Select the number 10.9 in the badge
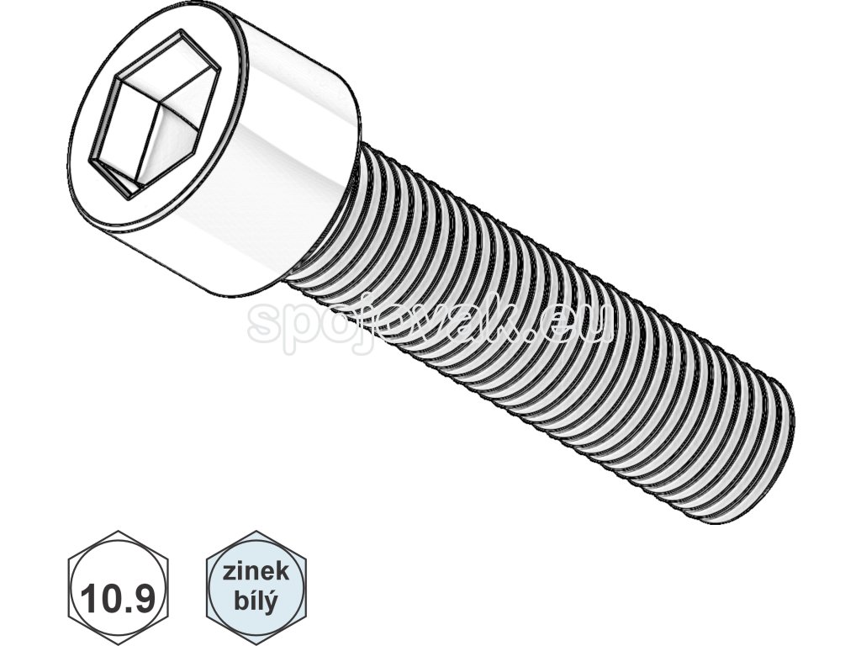119,599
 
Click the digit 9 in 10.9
142,599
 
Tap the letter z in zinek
229,574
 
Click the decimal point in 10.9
127,609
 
